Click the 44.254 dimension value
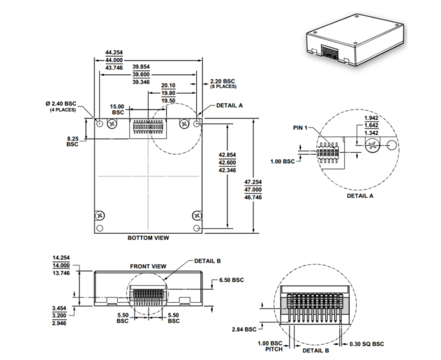click(x=114, y=52)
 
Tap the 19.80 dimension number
click(x=168, y=93)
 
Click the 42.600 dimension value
click(x=227, y=162)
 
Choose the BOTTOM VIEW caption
click(x=147, y=237)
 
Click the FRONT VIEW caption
click(x=149, y=266)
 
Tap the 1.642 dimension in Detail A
click(x=372, y=125)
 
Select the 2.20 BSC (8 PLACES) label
click(x=222, y=84)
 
